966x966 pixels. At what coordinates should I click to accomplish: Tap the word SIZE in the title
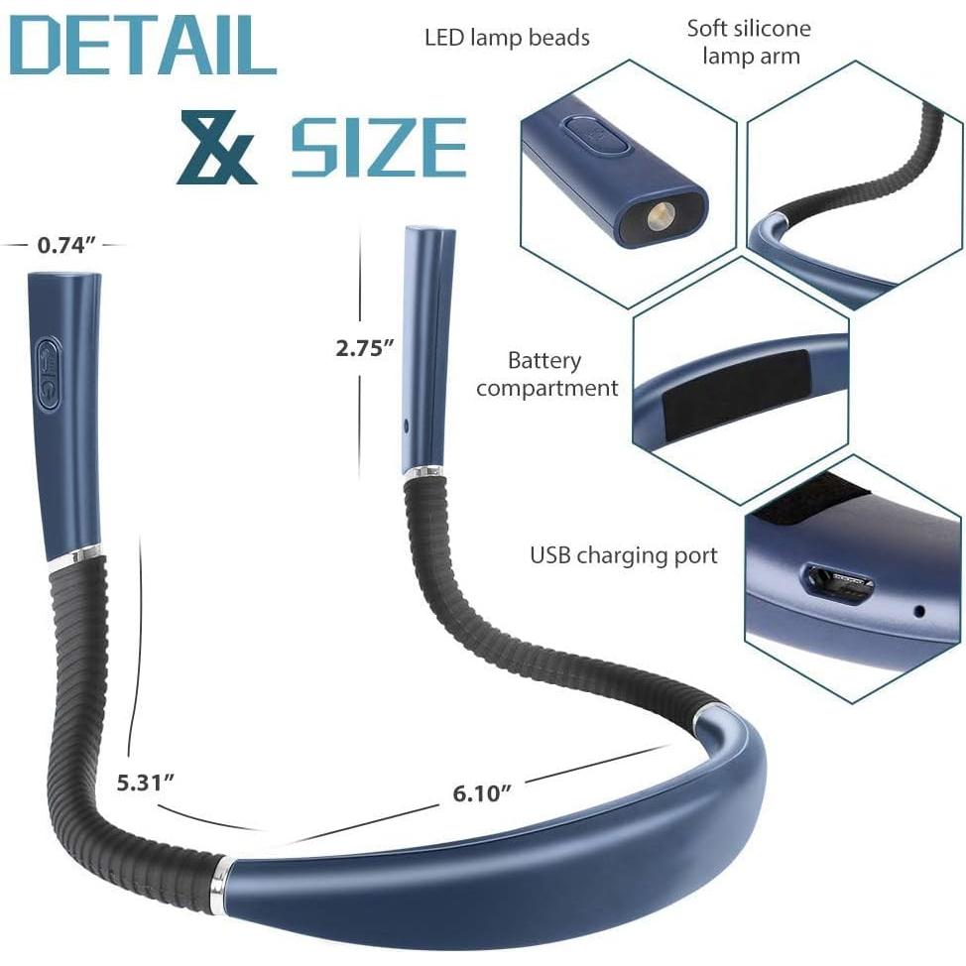(x=379, y=148)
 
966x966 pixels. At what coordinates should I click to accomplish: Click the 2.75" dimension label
(x=365, y=347)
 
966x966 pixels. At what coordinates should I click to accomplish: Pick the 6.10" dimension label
(x=482, y=791)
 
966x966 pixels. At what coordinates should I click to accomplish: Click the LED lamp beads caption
(x=507, y=39)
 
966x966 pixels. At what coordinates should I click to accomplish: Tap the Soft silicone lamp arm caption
(x=749, y=41)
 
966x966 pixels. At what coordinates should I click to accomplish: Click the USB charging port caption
(x=623, y=554)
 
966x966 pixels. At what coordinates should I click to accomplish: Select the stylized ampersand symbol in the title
(x=217, y=148)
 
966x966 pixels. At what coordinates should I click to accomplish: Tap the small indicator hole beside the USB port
(x=918, y=611)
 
